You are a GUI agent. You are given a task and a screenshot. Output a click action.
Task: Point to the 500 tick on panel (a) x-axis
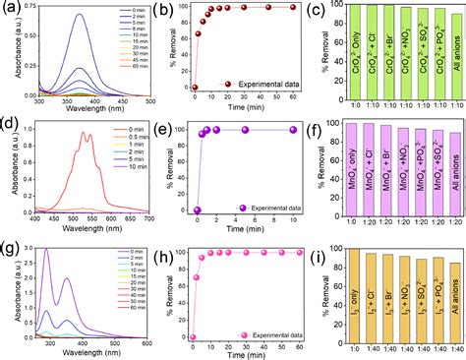point(146,101)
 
